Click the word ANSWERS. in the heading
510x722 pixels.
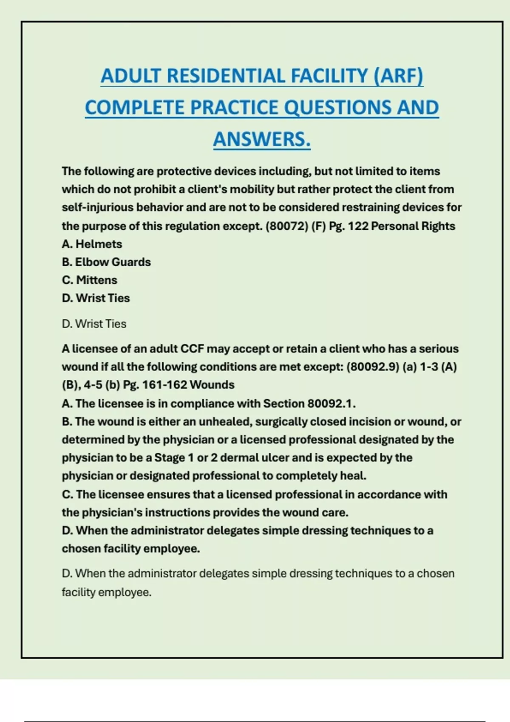coord(262,139)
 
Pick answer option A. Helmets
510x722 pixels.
coord(92,244)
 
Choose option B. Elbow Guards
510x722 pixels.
coord(106,262)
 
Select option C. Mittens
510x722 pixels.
coord(89,280)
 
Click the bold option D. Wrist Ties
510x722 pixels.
coord(96,298)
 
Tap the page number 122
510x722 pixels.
coord(358,226)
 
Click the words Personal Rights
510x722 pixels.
coord(413,226)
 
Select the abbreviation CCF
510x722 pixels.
coord(193,349)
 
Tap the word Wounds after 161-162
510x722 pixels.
coord(212,385)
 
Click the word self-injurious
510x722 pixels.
coord(98,208)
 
